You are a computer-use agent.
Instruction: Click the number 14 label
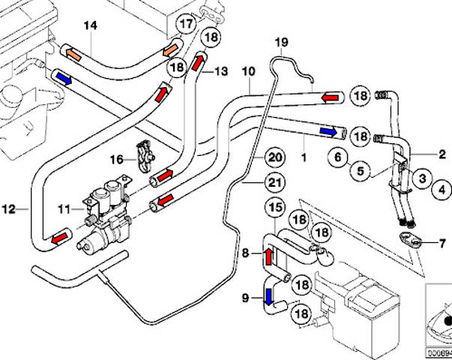point(90,26)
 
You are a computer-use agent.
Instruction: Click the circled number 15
point(277,207)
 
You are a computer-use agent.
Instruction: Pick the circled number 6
point(338,158)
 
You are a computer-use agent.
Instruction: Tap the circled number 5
point(361,172)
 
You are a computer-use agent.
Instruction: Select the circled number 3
point(423,178)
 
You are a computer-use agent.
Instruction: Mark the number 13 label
point(221,71)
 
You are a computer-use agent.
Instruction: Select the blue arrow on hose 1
point(328,131)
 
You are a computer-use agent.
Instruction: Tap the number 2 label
point(442,155)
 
